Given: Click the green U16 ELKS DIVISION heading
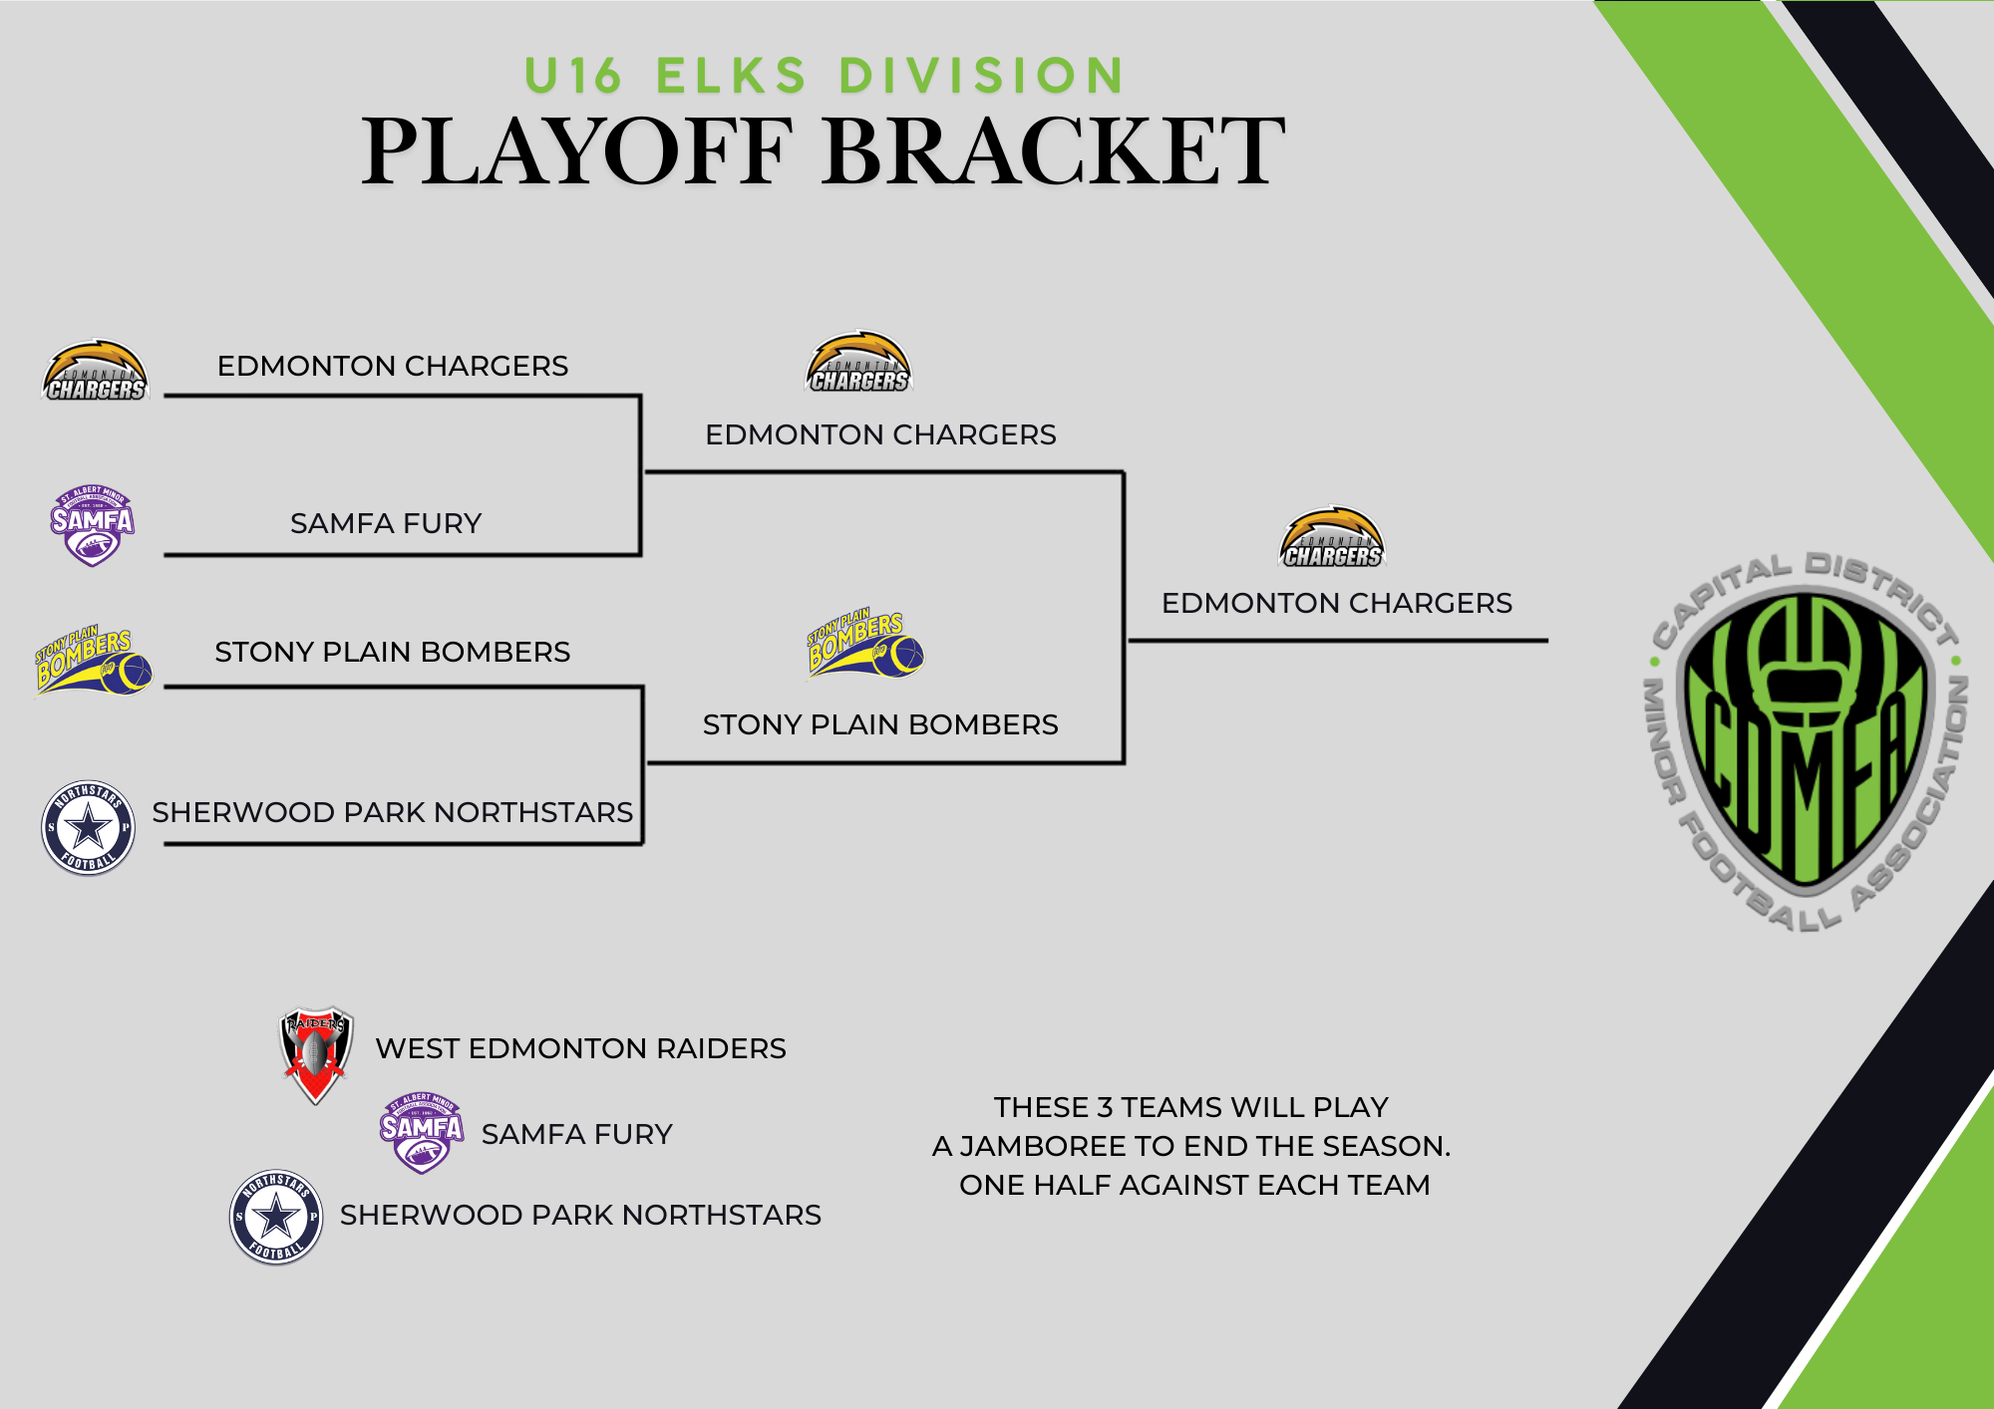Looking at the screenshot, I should coord(825,76).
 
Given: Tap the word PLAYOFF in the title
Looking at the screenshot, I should coord(576,151).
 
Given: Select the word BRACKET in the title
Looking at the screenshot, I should coord(1054,151).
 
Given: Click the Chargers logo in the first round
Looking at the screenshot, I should coord(96,372).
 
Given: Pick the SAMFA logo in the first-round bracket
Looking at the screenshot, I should coord(92,526).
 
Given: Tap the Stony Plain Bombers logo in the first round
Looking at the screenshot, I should coord(94,660).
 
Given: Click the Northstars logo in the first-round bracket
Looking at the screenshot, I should coord(88,827).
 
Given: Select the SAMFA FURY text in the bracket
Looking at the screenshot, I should coord(386,523).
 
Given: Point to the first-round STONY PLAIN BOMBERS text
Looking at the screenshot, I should coord(392,652).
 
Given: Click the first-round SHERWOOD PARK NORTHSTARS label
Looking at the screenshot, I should coord(392,812).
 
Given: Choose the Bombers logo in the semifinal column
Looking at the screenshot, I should coord(864,645).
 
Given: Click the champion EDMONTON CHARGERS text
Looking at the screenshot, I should coord(1336,603).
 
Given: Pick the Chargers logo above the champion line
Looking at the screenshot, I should coord(1332,539).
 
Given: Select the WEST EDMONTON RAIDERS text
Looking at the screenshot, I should coord(580,1048).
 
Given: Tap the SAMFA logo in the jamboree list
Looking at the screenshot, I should coord(422,1132).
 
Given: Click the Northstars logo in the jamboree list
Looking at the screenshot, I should coord(276,1217).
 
